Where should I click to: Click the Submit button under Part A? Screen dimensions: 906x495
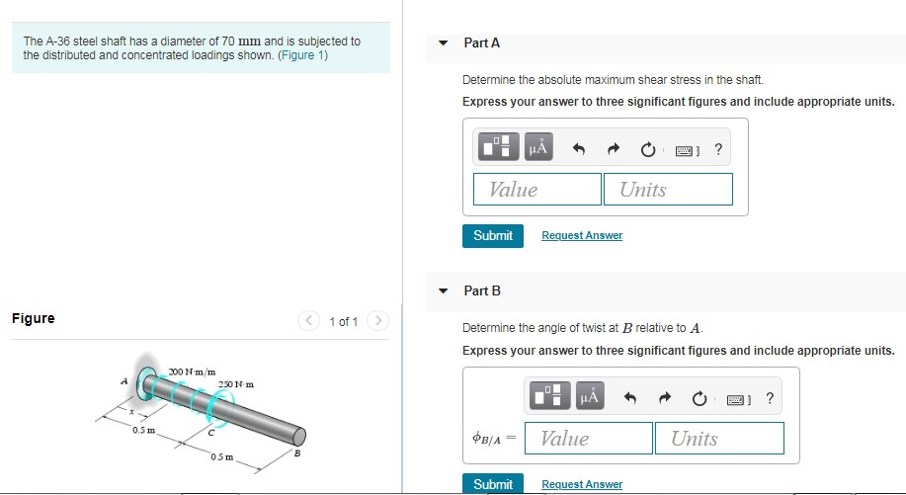493,236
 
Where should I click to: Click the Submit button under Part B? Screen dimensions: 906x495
493,484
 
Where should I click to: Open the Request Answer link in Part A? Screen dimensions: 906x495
582,235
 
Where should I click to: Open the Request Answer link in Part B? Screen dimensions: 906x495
582,484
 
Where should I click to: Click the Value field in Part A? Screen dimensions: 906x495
537,189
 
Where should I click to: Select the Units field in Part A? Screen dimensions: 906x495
668,189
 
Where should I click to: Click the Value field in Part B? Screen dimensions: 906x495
589,438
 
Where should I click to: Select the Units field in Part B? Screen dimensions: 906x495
719,438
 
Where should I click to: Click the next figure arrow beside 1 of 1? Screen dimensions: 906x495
377,320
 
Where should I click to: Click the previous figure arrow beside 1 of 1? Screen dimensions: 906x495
308,320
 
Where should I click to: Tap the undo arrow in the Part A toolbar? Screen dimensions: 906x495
578,149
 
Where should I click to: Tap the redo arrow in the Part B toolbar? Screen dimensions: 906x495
665,397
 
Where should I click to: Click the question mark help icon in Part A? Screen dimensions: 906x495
718,149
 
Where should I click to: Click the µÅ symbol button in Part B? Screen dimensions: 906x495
590,395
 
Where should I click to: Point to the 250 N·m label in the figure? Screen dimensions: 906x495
236,384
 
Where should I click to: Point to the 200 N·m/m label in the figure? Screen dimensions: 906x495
193,371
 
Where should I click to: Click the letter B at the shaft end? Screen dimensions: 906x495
297,454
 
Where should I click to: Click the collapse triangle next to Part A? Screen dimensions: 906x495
444,42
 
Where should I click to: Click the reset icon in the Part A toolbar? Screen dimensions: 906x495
648,149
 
